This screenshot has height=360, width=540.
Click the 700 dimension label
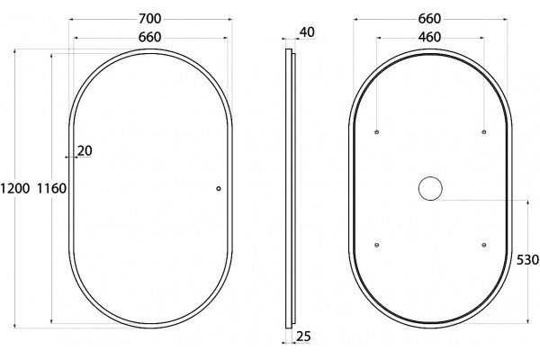pos(150,19)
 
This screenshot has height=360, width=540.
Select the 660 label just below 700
pos(149,37)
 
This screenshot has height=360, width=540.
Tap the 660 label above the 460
pos(430,19)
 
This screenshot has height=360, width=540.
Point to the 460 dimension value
pos(429,37)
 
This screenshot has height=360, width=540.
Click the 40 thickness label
pos(307,32)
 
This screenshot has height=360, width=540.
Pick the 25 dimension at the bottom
pos(303,337)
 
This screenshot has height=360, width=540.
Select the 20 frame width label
pos(85,151)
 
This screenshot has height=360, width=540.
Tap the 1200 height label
pos(14,188)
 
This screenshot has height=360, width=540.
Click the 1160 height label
pos(51,188)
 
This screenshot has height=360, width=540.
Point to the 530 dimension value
pos(528,260)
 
